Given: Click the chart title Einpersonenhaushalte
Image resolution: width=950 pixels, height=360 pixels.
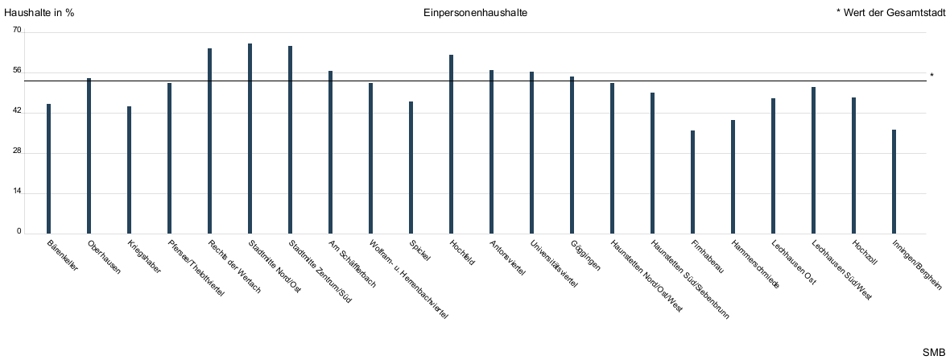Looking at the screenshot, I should tap(475, 14).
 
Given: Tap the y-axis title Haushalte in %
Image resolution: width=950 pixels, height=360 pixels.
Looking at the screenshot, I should tap(39, 14).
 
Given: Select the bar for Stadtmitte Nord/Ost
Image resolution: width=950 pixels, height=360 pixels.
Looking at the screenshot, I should tap(250, 139).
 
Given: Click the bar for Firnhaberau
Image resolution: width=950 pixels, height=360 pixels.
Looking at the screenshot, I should tap(692, 182).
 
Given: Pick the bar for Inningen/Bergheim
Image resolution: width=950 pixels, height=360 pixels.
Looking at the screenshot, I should tap(894, 181).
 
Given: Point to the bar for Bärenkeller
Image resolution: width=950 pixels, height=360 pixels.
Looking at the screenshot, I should tap(48, 168).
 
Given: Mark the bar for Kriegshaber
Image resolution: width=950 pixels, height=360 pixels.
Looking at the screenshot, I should tap(129, 170).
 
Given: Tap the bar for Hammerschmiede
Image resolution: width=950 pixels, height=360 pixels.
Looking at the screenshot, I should tap(733, 176).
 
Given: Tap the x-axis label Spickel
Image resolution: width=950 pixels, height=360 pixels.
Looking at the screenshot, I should tap(420, 250).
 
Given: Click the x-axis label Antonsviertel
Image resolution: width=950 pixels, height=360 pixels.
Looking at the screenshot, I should tap(507, 259).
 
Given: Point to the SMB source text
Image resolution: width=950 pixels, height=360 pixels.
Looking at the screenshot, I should tap(934, 353).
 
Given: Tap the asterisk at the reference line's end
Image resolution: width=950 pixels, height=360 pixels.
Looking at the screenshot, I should tap(931, 77).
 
